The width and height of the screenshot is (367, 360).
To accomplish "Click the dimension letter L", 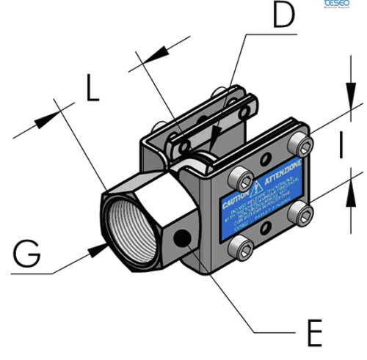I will (x=90, y=88).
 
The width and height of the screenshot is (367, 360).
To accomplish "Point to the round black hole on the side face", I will (x=181, y=238).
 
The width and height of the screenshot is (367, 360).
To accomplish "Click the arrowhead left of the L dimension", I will (x=53, y=112).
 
